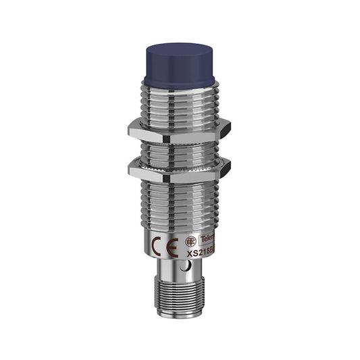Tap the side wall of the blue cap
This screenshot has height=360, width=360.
[x=179, y=70]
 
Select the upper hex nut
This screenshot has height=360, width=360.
[x=180, y=126]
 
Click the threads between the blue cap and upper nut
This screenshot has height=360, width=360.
[x=180, y=101]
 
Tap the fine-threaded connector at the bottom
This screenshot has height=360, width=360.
[x=180, y=297]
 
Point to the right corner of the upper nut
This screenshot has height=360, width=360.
[x=230, y=126]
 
